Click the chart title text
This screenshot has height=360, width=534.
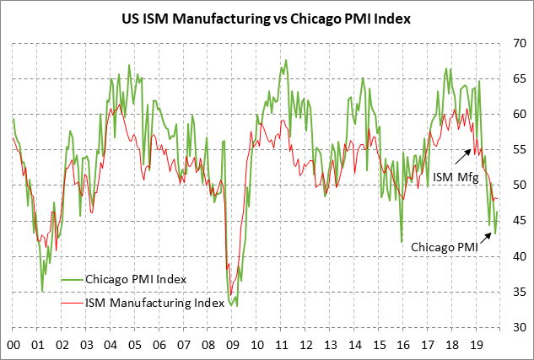tap(267, 18)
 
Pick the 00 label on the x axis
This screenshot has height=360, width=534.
tap(13, 345)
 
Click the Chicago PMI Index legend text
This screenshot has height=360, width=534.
tap(135, 279)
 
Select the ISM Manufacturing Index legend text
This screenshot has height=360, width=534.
tap(154, 302)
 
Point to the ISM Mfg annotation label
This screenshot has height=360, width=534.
tap(456, 178)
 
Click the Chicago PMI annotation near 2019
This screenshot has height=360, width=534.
tap(445, 248)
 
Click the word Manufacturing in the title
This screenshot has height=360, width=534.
tap(220, 18)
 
